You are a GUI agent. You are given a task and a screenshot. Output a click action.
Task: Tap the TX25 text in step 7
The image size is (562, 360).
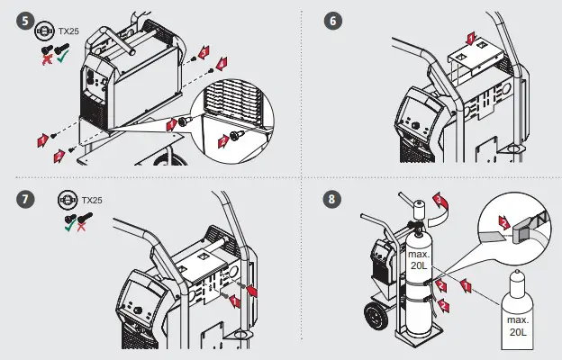point(93,200)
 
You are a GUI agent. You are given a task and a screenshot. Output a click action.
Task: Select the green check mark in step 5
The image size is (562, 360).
point(61,56)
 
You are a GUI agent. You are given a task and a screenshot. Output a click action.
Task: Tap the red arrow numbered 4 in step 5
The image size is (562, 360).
point(222,61)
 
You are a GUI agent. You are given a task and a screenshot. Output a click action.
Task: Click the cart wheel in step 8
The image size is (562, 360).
point(373,318)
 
